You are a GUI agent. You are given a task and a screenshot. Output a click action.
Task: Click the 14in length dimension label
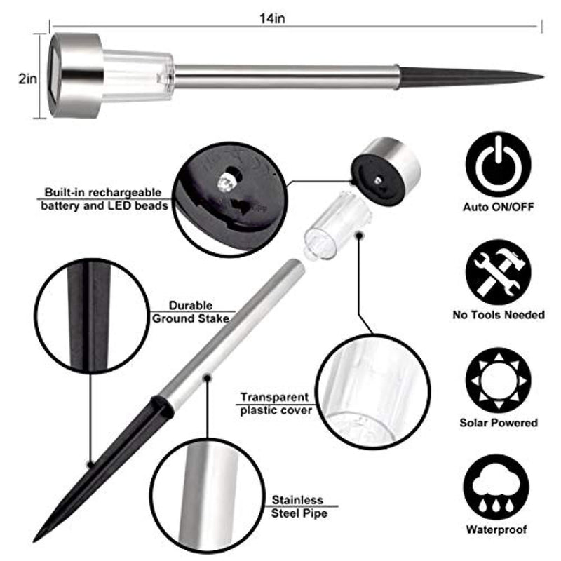click(x=272, y=18)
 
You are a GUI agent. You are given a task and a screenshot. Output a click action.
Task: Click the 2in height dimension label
click(x=27, y=79)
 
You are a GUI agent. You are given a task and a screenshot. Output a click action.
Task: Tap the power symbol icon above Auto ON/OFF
click(x=498, y=165)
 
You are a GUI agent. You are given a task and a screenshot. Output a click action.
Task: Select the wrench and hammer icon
click(x=498, y=273)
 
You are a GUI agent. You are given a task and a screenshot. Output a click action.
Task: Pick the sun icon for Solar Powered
click(x=498, y=381)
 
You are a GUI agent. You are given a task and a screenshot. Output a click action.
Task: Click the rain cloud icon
click(x=496, y=487)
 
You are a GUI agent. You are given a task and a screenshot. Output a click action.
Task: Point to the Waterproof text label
click(x=496, y=529)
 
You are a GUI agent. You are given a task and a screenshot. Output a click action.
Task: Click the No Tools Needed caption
click(x=499, y=315)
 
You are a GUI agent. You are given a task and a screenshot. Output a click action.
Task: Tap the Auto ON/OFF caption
click(x=499, y=207)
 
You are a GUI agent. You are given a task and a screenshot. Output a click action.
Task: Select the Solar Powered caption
click(x=499, y=423)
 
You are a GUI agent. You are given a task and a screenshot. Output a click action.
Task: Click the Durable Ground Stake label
click(x=190, y=312)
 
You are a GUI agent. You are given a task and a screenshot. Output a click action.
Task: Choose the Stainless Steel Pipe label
click(x=299, y=506)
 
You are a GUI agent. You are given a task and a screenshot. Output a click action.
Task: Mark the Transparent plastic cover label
click(x=276, y=404)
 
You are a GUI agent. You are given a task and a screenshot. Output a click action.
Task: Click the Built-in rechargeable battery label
click(x=104, y=199)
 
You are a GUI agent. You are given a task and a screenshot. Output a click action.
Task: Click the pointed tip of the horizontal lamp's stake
click(x=543, y=76)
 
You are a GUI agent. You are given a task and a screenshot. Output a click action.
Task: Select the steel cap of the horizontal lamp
click(x=75, y=76)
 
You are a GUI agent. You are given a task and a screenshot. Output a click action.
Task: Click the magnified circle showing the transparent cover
click(x=373, y=392)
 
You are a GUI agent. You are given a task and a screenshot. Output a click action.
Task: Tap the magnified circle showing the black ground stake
click(x=92, y=316)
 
